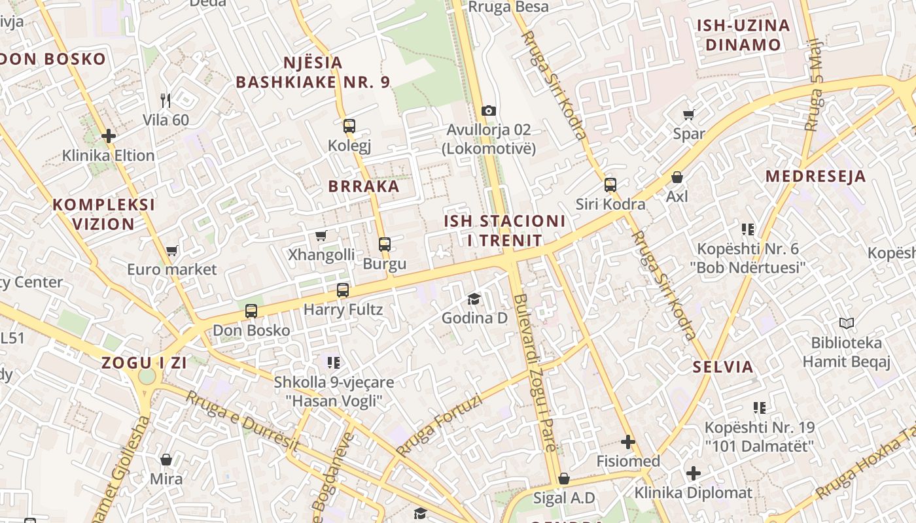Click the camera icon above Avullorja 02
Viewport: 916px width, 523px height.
tap(488, 110)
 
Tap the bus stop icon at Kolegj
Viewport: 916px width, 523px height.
tap(349, 126)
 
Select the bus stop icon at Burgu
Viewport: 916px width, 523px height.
tap(385, 245)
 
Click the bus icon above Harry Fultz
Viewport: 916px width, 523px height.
tap(343, 290)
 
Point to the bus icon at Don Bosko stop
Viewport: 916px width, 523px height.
tap(251, 311)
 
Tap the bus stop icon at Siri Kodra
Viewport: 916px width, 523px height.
tap(610, 185)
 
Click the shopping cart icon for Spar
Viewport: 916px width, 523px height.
tap(688, 115)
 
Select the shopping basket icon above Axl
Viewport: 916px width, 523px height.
tap(677, 177)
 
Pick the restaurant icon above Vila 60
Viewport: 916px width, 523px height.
tap(166, 100)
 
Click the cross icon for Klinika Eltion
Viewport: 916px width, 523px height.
tap(109, 136)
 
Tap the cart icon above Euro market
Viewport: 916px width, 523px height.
tap(172, 250)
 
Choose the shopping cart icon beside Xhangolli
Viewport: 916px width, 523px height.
tap(321, 235)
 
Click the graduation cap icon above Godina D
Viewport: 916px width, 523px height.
tap(474, 299)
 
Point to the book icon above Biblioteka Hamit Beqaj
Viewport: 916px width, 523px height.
tap(846, 323)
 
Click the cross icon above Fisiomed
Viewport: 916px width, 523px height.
tap(628, 443)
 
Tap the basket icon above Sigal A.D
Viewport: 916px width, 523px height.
tap(563, 479)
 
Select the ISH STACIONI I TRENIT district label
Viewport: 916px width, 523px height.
tap(504, 231)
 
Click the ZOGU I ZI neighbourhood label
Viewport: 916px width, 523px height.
tap(144, 363)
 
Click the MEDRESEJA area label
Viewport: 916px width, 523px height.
tap(815, 176)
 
